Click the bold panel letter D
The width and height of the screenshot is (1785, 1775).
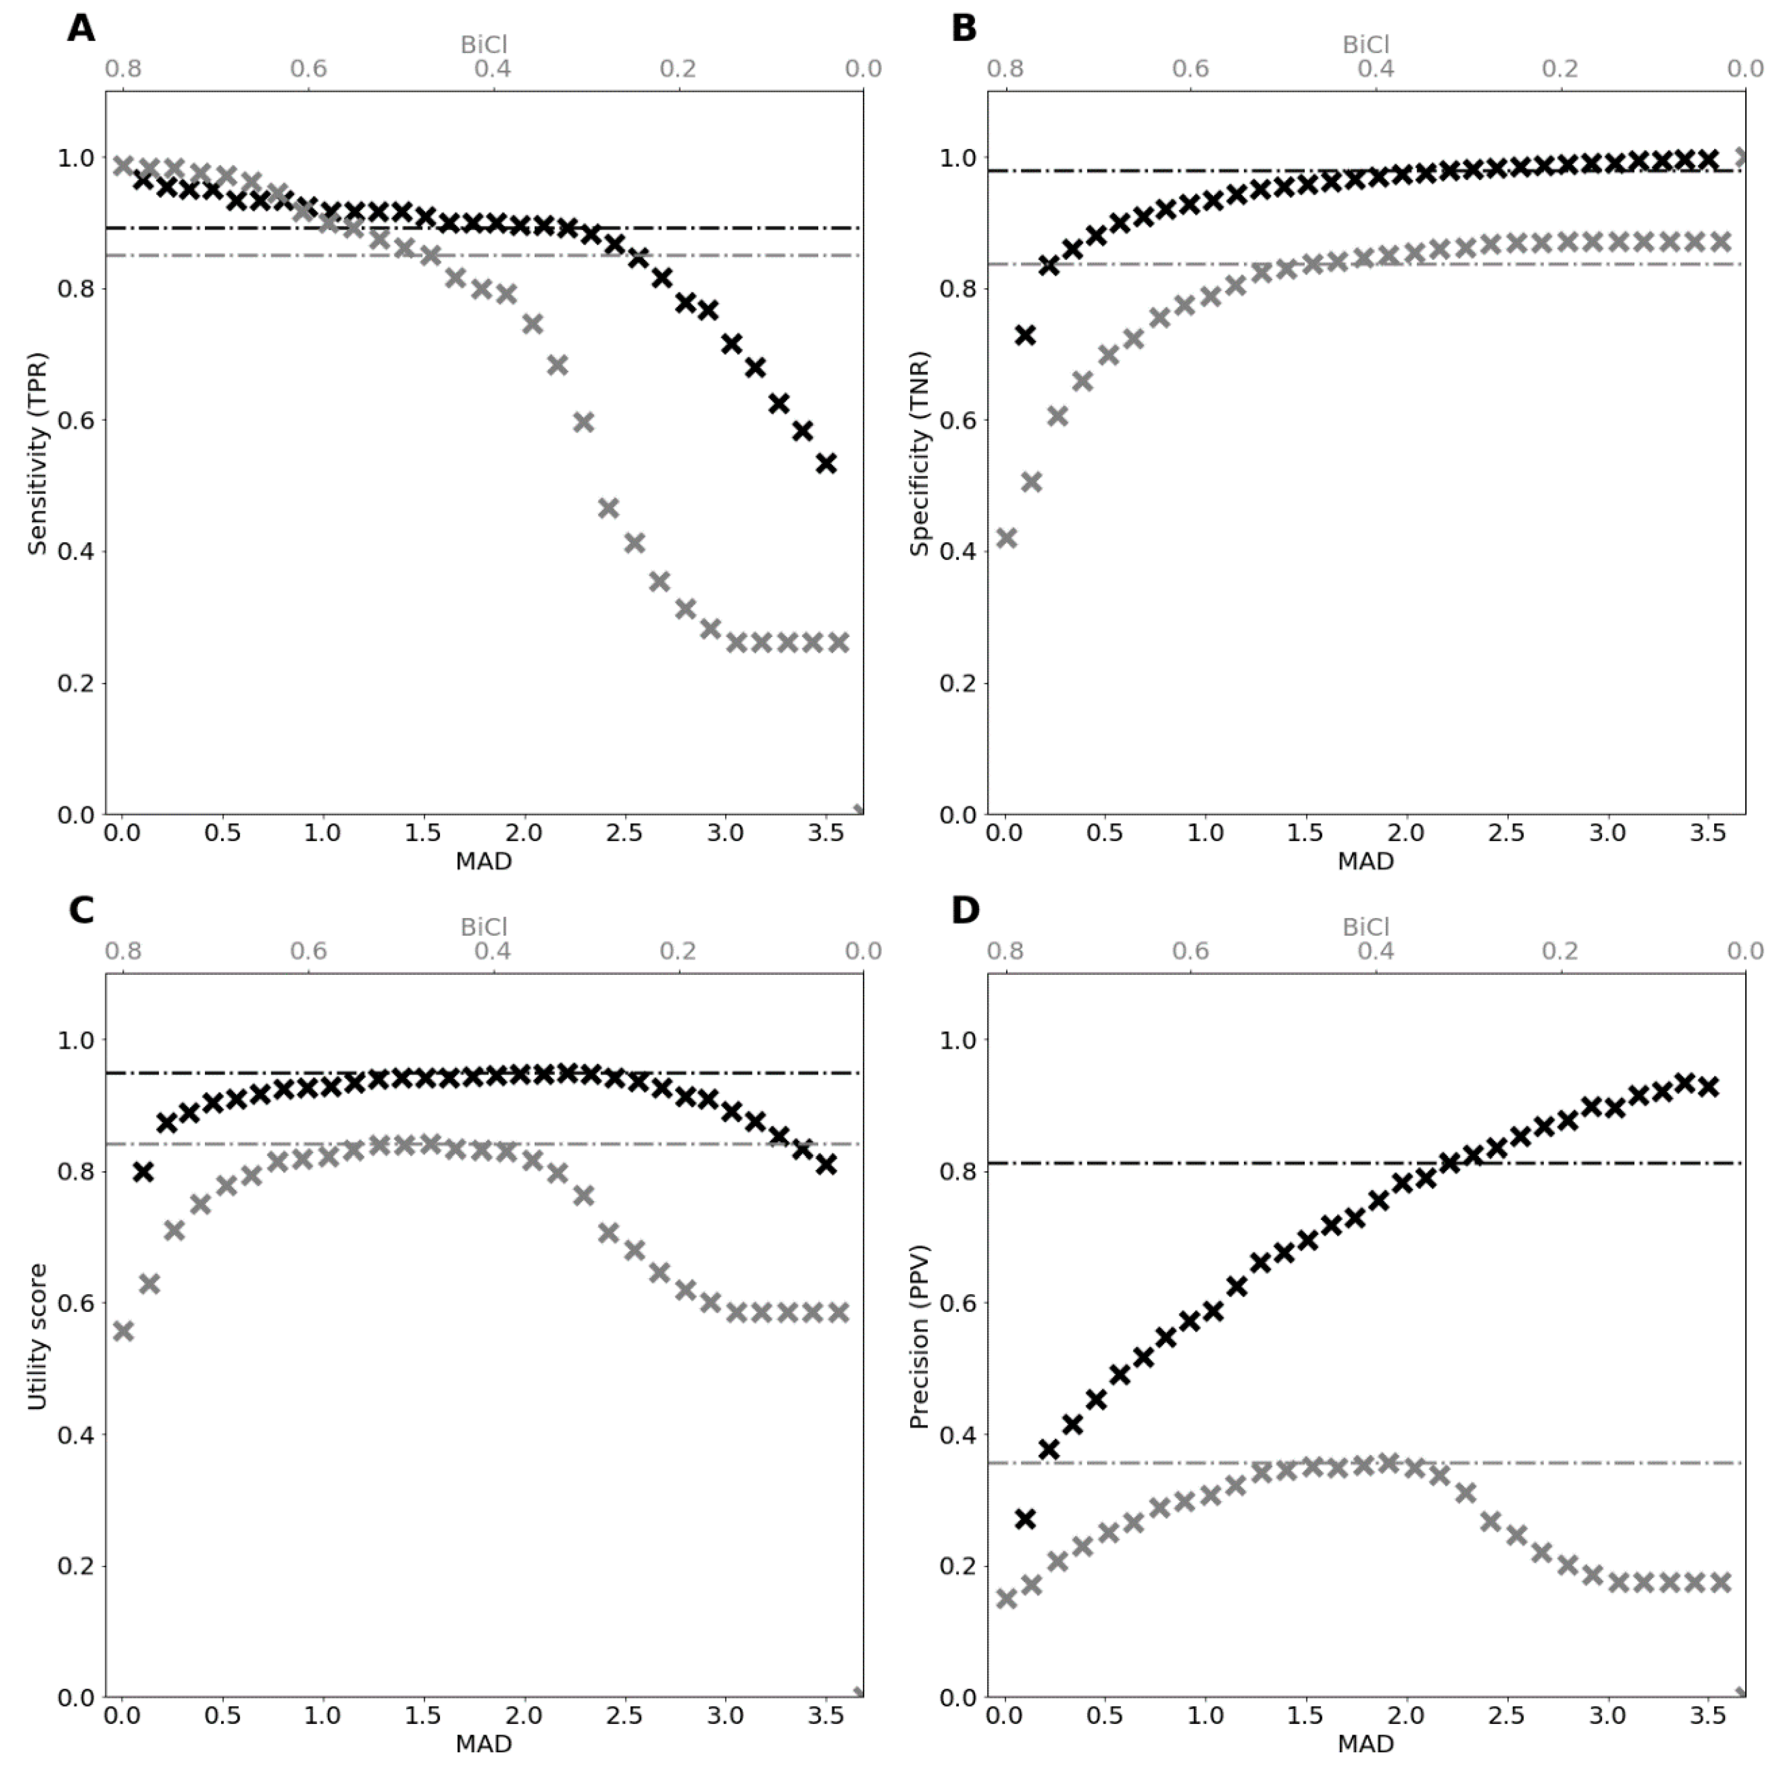point(965,911)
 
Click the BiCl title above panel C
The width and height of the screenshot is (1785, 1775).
point(484,926)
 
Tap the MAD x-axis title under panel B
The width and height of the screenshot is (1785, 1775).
point(1365,861)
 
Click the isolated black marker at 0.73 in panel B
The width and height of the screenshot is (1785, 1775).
point(1025,334)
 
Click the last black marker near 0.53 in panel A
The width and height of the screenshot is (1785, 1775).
point(826,463)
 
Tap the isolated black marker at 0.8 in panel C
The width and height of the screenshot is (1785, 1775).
point(143,1172)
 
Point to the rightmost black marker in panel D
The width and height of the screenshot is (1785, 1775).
point(1708,1086)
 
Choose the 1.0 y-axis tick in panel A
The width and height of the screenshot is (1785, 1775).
point(76,158)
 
